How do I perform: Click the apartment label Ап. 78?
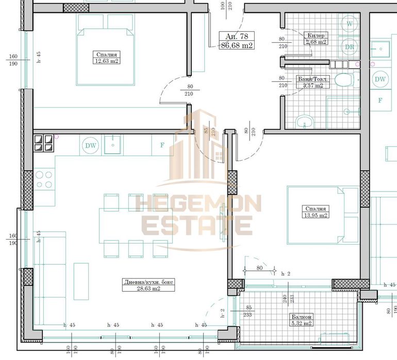pyautogui.click(x=237, y=37)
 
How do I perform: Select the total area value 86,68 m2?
pyautogui.click(x=237, y=45)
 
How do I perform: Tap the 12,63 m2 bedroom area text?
pyautogui.click(x=107, y=61)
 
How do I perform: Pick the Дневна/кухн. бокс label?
pyautogui.click(x=141, y=282)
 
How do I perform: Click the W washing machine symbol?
pyautogui.click(x=350, y=24)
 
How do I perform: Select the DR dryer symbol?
pyautogui.click(x=350, y=47)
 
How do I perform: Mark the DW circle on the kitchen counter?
pyautogui.click(x=91, y=146)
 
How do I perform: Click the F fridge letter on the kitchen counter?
pyautogui.click(x=162, y=145)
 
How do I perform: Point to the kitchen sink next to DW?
pyautogui.click(x=112, y=145)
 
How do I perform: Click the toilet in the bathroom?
pyautogui.click(x=341, y=80)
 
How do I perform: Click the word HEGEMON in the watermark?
pyautogui.click(x=198, y=203)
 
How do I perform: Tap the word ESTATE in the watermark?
pyautogui.click(x=197, y=226)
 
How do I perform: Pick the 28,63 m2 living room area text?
pyautogui.click(x=141, y=289)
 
